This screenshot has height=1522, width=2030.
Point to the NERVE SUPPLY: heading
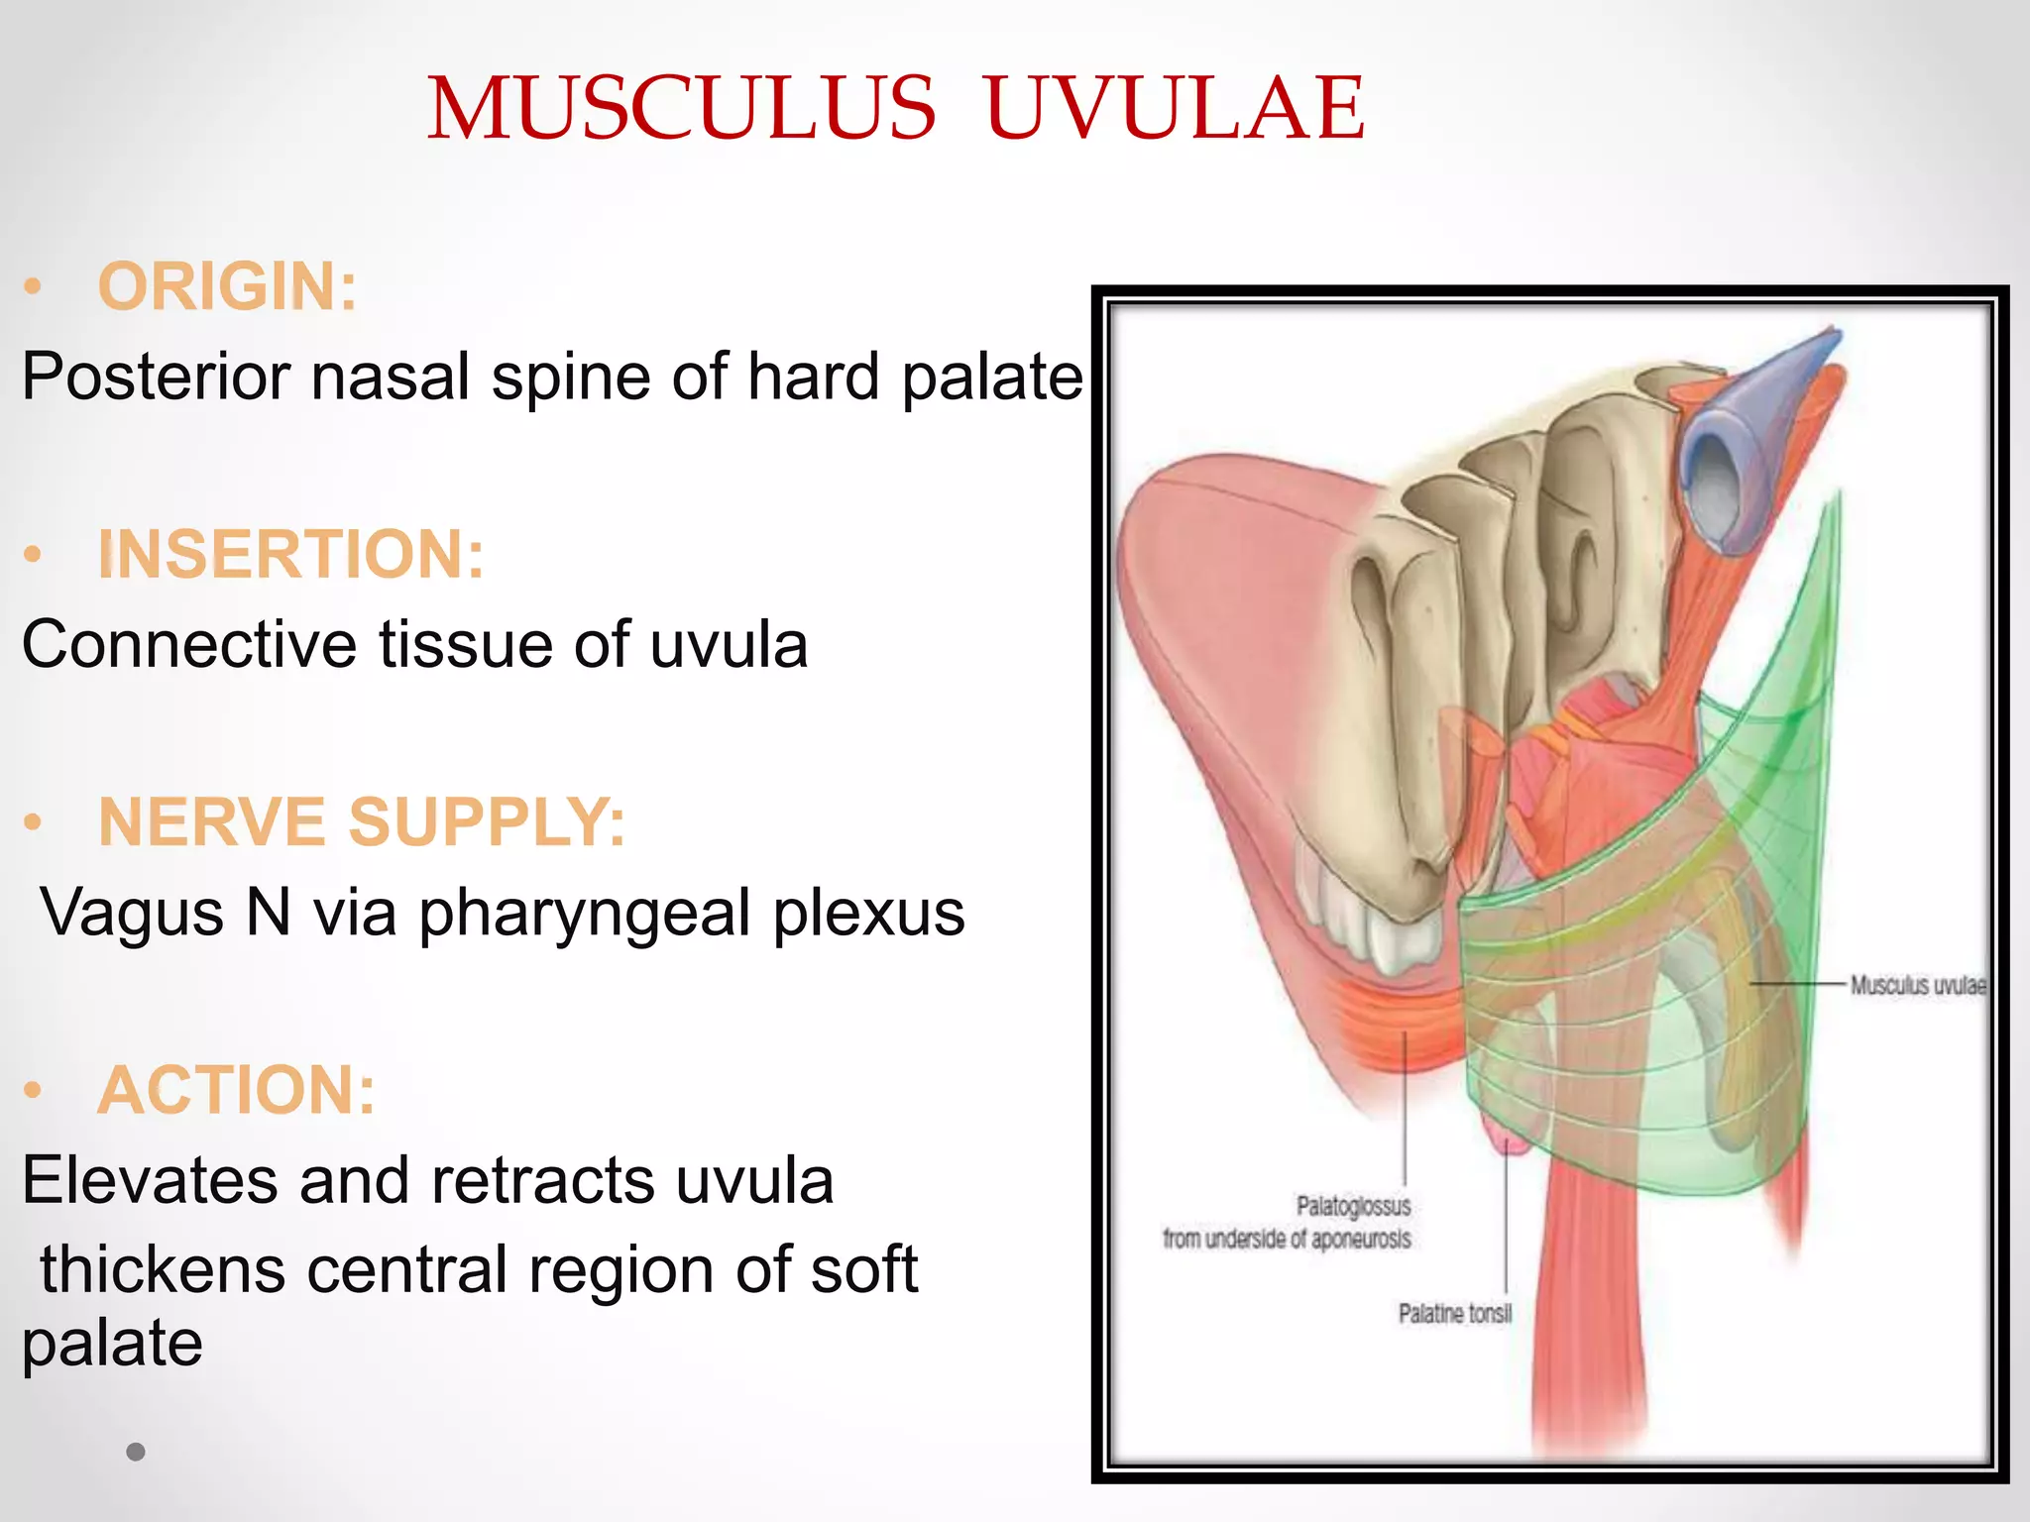(x=362, y=822)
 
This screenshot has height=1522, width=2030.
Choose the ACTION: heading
(x=237, y=1090)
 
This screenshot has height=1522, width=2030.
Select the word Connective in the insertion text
(x=189, y=645)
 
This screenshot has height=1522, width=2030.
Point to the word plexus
(x=869, y=914)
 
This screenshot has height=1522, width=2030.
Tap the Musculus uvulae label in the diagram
(x=1918, y=985)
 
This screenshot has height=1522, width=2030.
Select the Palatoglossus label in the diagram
(x=1353, y=1206)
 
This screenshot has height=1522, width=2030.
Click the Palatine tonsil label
(x=1455, y=1314)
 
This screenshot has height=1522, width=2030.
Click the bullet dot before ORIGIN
(x=34, y=287)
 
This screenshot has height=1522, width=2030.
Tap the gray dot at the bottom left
(x=136, y=1453)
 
